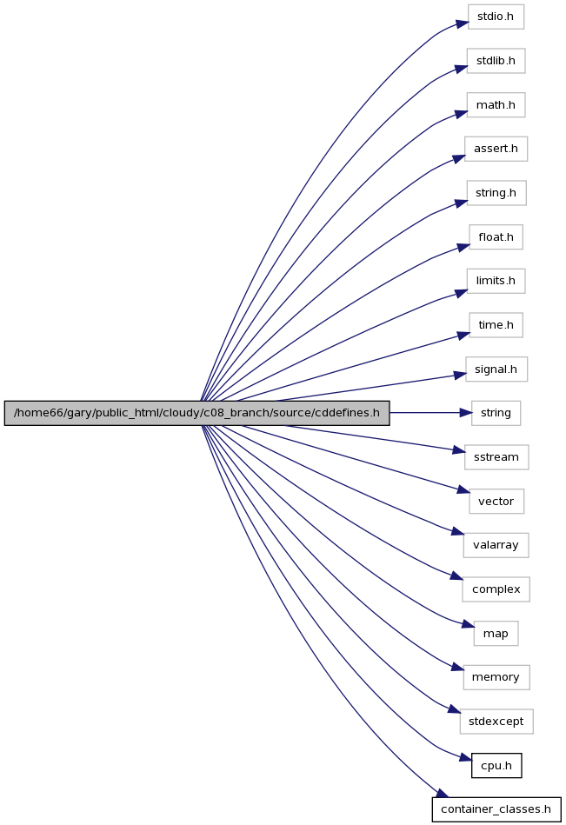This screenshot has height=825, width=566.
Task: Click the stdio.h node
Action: pos(496,17)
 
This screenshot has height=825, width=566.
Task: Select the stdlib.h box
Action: pos(496,61)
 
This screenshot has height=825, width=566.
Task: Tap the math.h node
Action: pos(496,105)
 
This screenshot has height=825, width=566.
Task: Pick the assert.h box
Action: pos(496,149)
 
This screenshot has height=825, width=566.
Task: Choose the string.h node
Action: pos(496,193)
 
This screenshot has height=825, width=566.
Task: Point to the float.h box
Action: pos(496,237)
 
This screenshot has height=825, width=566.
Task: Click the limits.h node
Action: pos(496,281)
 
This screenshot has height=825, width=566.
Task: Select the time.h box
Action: pos(496,325)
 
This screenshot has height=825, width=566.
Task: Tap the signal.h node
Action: pos(496,369)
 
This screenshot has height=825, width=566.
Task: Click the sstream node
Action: pos(496,457)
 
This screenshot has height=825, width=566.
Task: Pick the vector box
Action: pos(496,502)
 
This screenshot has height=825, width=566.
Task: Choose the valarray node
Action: pos(496,545)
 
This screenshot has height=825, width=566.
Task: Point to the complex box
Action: pos(496,589)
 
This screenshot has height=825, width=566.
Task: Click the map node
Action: pos(496,634)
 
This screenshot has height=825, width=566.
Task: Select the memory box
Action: pos(496,677)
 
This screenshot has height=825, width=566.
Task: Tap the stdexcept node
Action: pos(496,722)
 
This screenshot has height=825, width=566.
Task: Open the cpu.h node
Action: pos(496,766)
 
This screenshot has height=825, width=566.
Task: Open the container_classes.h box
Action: pos(496,809)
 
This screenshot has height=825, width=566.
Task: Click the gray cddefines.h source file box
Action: pos(196,413)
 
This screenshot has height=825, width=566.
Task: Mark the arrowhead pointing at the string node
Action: pos(466,413)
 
